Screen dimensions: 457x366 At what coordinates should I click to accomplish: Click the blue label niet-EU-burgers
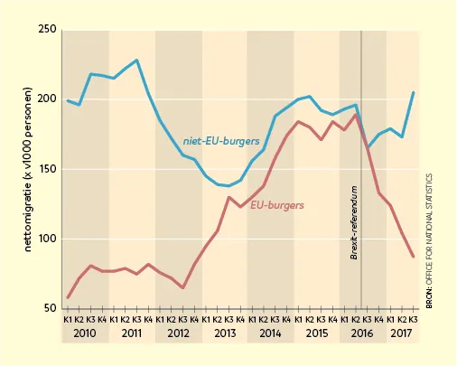pos(221,141)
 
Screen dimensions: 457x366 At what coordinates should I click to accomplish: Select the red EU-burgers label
pos(277,205)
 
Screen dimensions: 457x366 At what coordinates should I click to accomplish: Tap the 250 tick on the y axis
pos(48,29)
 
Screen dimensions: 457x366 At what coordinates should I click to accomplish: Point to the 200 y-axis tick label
pos(48,99)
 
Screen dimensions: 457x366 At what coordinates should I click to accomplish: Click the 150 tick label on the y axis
pos(48,169)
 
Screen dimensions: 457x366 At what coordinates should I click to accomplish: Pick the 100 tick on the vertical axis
pos(48,239)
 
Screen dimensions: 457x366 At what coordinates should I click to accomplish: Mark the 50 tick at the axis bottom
pos(51,308)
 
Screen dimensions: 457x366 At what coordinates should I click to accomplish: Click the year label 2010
pos(85,333)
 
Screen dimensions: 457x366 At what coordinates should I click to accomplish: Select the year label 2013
pos(225,333)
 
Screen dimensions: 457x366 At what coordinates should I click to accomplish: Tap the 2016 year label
pos(362,333)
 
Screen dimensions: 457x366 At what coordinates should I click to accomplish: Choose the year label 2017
pos(401,333)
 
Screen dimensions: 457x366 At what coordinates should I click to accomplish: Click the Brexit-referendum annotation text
pos(354,222)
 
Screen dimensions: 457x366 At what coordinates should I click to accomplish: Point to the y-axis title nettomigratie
pos(28,170)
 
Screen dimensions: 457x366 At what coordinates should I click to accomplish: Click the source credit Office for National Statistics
pos(429,241)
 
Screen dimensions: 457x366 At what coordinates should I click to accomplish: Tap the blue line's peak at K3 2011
pos(136,60)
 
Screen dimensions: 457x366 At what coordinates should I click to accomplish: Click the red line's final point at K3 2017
pos(413,257)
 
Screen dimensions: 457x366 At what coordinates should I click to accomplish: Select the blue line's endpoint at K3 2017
pos(414,92)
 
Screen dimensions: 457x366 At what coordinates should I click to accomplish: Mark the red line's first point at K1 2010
pos(68,298)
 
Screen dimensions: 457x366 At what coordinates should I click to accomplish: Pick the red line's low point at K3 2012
pos(182,287)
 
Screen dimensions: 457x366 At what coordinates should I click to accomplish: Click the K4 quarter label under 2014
pos(286,319)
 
